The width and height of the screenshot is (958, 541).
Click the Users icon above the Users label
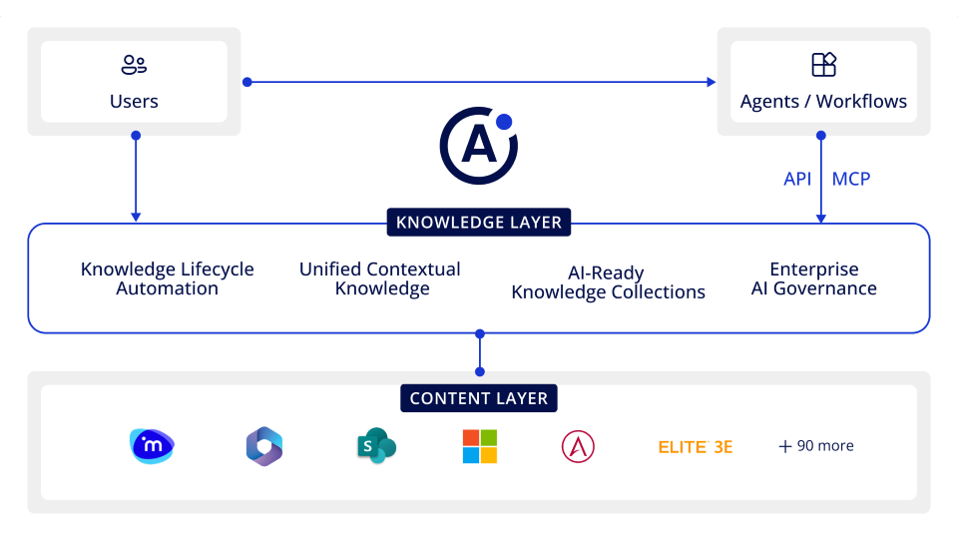134,66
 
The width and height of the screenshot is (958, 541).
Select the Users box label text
134,101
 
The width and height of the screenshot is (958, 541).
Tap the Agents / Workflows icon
823,66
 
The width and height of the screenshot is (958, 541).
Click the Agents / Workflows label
823,101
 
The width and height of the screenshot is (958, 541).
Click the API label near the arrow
797,179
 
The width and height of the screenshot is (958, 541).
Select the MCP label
851,179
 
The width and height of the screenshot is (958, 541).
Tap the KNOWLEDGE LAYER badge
479,222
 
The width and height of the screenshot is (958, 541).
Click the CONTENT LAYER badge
479,398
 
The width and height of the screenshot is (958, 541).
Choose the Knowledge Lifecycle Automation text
167,278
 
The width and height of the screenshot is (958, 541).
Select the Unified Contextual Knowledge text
380,278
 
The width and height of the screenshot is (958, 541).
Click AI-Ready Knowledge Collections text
608,282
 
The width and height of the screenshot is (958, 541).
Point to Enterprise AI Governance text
813,278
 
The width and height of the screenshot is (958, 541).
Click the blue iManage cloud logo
152,446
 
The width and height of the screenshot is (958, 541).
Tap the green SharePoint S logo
376,446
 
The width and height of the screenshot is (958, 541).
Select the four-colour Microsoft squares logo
479,446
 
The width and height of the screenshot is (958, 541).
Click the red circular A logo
578,446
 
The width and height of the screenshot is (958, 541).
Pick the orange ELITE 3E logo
696,447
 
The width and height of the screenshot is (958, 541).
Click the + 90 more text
816,446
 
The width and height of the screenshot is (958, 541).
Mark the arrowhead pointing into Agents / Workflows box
712,82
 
